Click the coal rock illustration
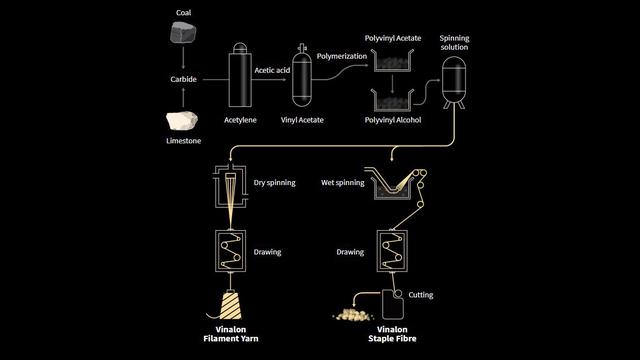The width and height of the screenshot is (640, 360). tap(183, 33)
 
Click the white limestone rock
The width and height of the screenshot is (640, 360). tap(182, 121)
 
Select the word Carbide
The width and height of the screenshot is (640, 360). tap(183, 79)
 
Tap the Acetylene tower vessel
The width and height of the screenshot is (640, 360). tap(240, 75)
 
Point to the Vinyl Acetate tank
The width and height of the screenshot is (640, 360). tap(302, 76)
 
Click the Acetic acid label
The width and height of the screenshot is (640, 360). tap(272, 70)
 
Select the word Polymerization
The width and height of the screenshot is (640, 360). tap(342, 56)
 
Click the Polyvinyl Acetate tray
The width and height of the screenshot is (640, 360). tap(392, 60)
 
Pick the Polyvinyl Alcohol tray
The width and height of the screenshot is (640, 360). tap(392, 100)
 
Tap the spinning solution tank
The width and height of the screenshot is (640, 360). tap(454, 83)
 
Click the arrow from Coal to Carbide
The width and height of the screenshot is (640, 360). tap(183, 58)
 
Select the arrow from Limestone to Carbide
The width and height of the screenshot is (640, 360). tap(183, 98)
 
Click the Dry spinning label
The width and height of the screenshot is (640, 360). tap(274, 182)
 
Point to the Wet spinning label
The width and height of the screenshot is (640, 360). tap(342, 182)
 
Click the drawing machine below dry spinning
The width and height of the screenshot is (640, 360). tap(231, 251)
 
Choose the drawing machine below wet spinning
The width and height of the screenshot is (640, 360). tap(392, 251)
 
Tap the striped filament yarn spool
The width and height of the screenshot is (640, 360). tap(230, 304)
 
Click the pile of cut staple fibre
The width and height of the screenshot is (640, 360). tap(353, 314)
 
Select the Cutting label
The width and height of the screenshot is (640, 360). tap(421, 295)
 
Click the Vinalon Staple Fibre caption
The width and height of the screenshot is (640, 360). tap(392, 334)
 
